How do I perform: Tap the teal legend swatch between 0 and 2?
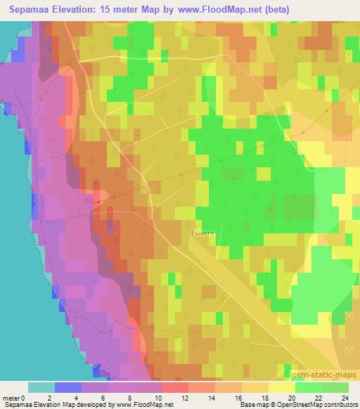[x=41, y=387]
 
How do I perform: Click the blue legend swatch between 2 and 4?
[x=68, y=387]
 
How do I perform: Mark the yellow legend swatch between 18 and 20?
[x=282, y=387]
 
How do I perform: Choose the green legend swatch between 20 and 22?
[x=309, y=387]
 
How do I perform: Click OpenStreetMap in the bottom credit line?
[x=294, y=405]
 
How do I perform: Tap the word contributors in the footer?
[x=337, y=405]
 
